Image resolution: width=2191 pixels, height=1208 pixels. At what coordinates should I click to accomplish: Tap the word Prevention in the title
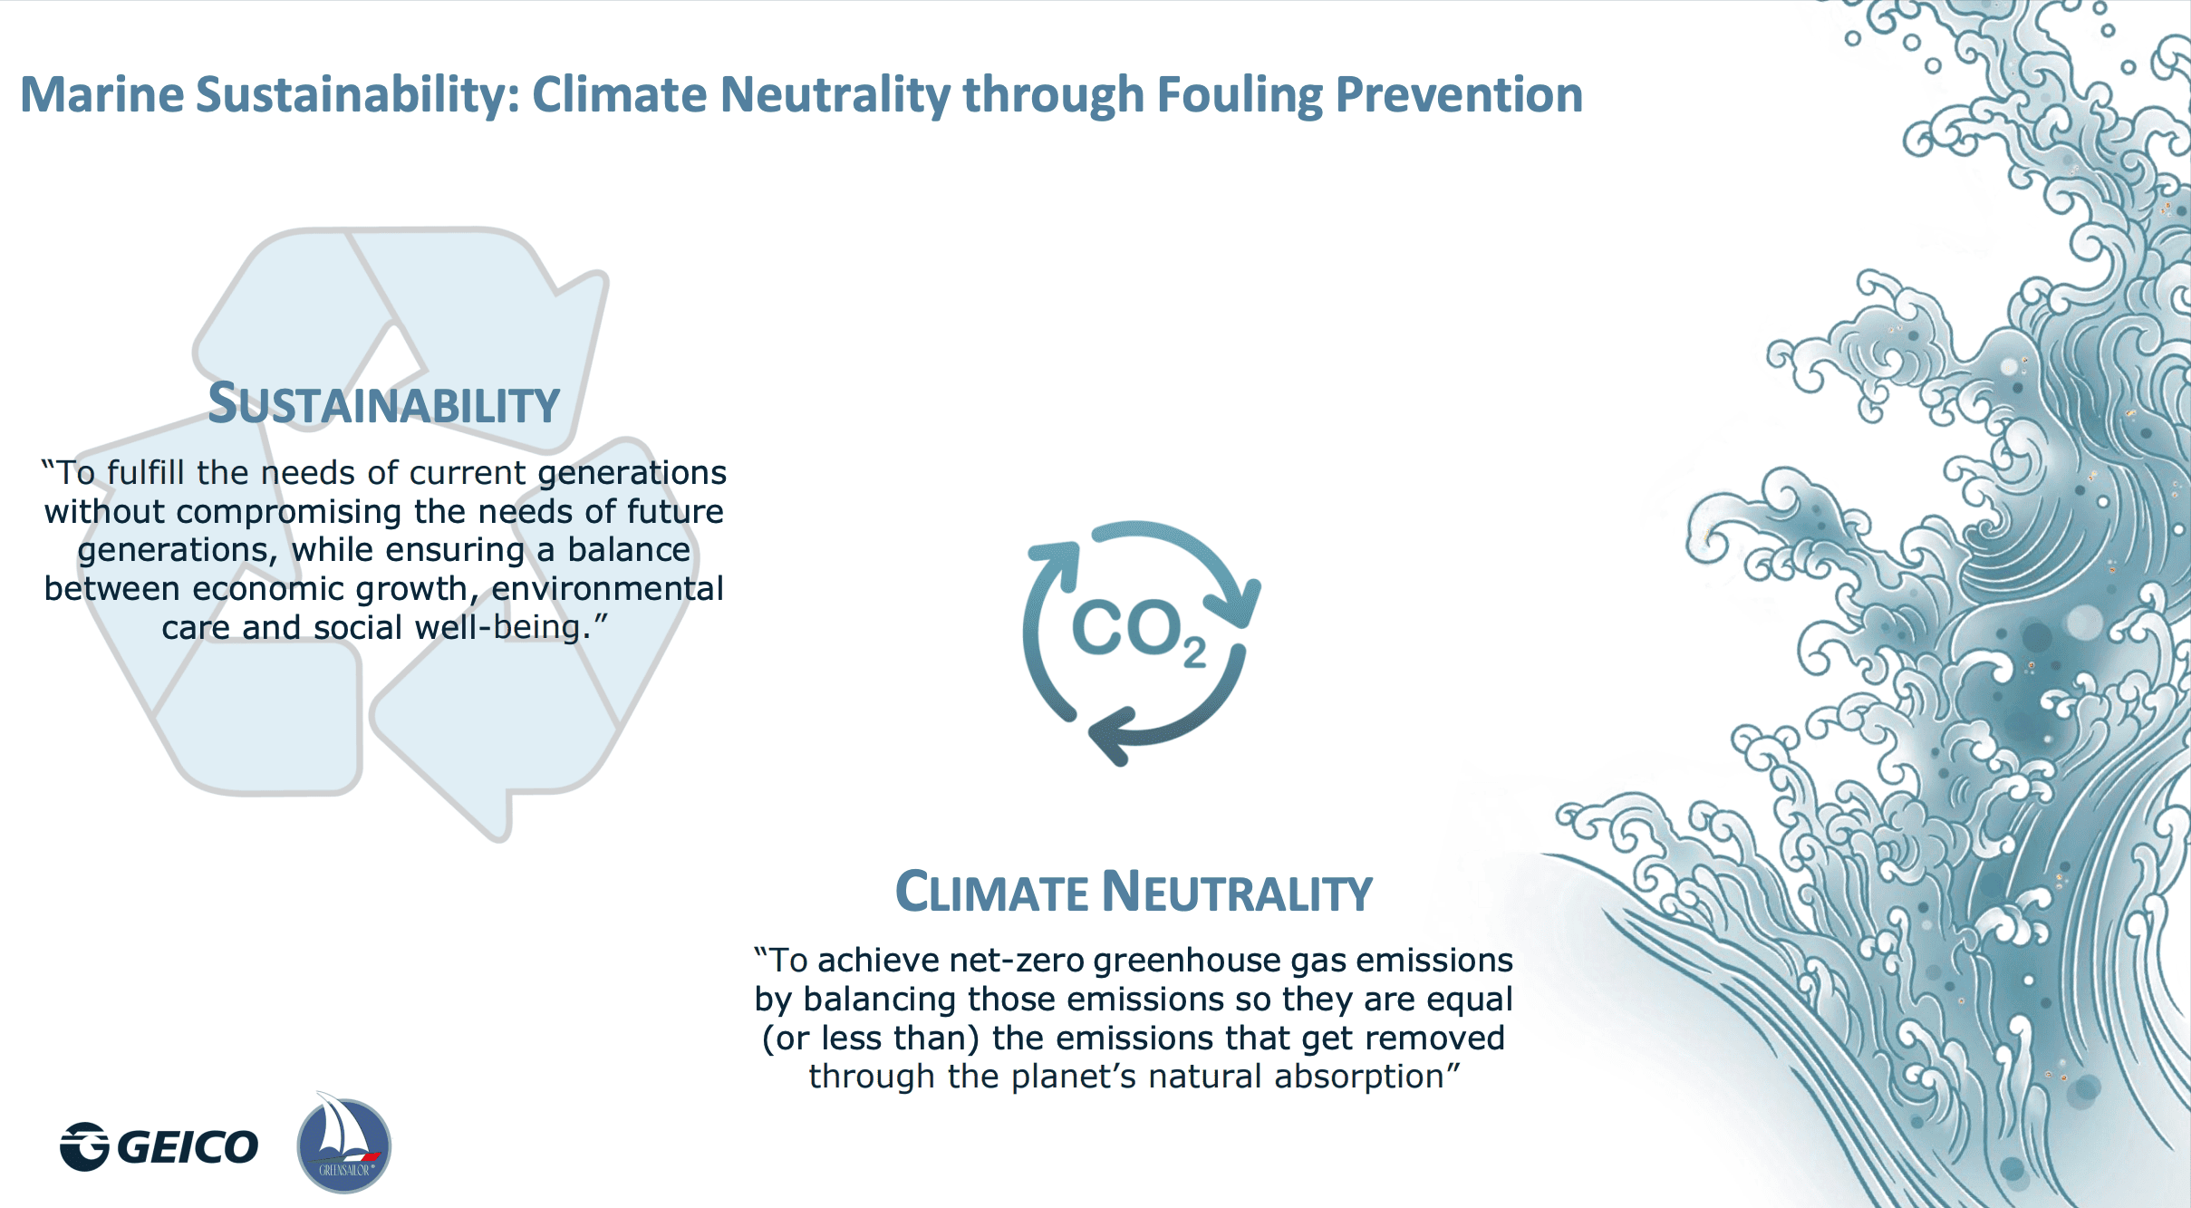click(1459, 94)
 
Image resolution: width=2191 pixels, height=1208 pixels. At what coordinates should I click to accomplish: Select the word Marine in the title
click(102, 94)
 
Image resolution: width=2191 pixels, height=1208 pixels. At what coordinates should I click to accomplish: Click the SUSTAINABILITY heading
click(384, 403)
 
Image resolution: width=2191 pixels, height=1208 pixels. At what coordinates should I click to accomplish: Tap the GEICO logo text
click(188, 1146)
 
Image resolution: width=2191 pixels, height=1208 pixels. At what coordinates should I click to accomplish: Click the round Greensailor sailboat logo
click(344, 1144)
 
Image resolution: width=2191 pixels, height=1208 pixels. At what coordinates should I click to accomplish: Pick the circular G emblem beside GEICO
click(84, 1146)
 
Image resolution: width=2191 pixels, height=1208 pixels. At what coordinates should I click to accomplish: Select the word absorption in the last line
click(1367, 1078)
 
